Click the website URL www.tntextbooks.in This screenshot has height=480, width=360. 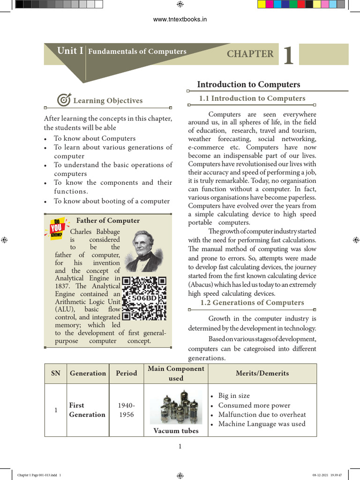180,19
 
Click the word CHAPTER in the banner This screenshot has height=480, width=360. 250,54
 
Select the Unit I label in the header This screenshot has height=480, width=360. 70,51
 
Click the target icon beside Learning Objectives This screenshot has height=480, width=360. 63,100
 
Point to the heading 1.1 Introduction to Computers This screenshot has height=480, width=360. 252,98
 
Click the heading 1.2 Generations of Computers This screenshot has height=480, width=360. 252,303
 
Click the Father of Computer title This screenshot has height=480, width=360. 108,221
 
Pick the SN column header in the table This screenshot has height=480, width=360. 56,374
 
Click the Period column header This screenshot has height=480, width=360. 127,374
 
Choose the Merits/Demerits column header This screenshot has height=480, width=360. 262,374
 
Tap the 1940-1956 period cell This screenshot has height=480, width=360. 127,410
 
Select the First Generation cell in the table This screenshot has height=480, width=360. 87,410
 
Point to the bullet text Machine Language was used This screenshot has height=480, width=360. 262,424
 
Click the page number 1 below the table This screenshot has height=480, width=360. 180,446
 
